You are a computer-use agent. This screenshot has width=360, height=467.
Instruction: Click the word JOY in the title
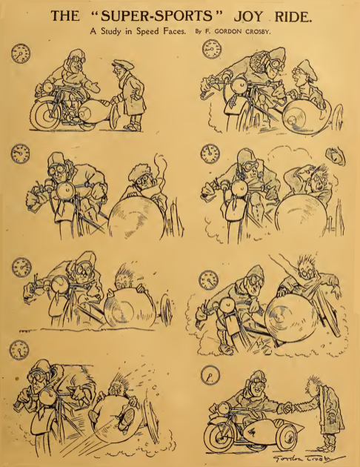(x=248, y=16)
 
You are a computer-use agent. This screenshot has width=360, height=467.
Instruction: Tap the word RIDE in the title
(x=292, y=16)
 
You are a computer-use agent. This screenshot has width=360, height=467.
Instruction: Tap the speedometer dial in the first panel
(x=21, y=53)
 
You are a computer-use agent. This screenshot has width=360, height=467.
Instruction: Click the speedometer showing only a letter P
(x=210, y=374)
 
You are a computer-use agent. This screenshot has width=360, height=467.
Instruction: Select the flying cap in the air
(x=336, y=156)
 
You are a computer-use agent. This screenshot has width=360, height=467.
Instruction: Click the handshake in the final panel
(x=287, y=408)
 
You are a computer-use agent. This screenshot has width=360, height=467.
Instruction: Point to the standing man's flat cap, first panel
(x=121, y=64)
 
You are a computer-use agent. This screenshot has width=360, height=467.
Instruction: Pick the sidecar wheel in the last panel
(x=287, y=436)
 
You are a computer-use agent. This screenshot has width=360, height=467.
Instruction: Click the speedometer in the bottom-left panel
(x=19, y=350)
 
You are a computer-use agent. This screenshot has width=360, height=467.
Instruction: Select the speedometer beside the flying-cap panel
(x=210, y=153)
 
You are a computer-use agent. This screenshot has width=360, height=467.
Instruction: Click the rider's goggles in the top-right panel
(x=276, y=64)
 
